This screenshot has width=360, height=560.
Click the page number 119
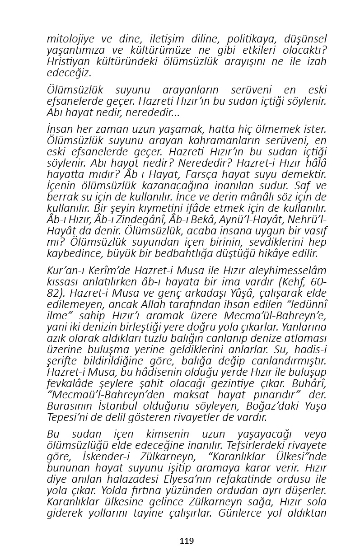coord(187,541)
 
